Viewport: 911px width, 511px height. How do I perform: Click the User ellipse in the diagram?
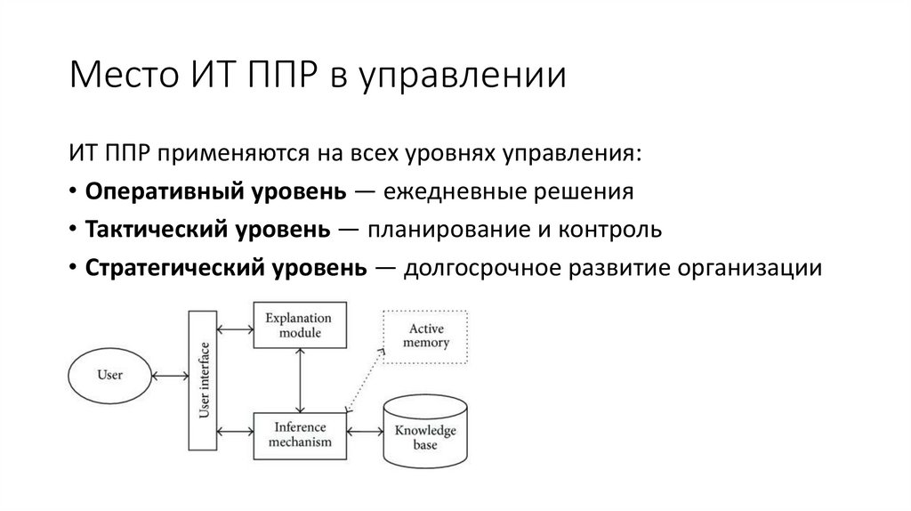(x=109, y=375)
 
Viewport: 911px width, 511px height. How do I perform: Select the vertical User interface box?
(x=203, y=380)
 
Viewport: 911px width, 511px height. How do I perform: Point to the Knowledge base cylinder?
(x=424, y=434)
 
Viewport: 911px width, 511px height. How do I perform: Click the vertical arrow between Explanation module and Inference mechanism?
(x=301, y=379)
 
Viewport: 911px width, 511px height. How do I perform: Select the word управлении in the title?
(x=462, y=77)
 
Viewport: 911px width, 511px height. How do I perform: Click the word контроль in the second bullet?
(x=611, y=230)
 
